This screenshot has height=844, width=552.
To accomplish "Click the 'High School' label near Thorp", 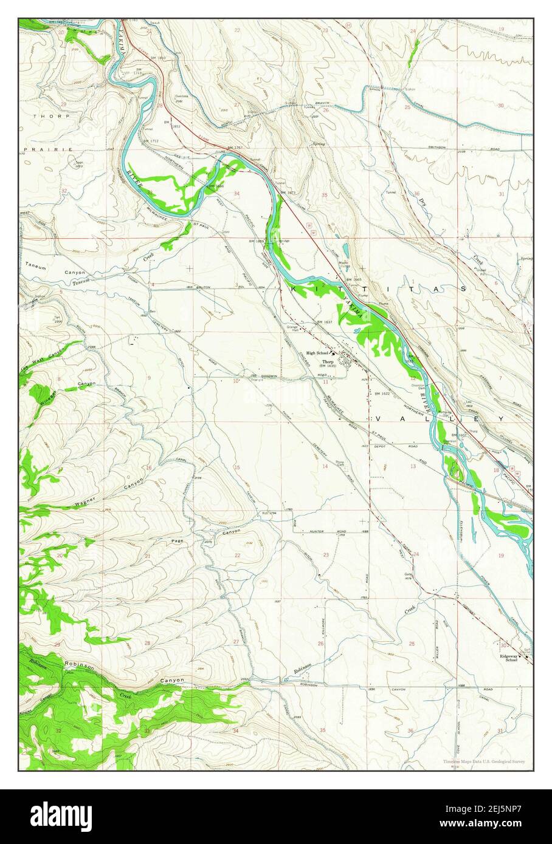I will point(317,353).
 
